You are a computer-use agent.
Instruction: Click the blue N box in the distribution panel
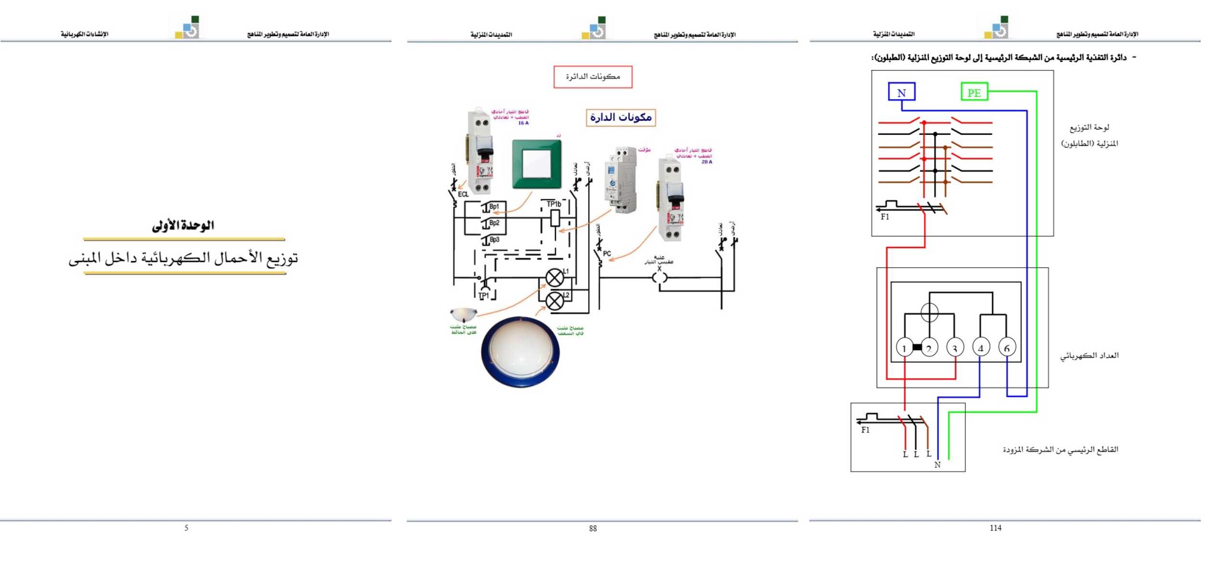(901, 92)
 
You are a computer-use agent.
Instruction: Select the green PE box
(974, 92)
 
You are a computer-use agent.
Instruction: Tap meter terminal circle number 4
(980, 347)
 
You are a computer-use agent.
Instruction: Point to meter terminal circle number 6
(1007, 347)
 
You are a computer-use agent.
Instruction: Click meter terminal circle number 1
(904, 347)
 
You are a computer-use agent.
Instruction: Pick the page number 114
(995, 528)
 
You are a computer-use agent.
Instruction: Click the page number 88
(592, 528)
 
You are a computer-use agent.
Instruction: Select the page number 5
(186, 528)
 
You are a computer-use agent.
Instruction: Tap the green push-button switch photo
(537, 164)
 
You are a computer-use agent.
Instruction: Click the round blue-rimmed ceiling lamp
(520, 352)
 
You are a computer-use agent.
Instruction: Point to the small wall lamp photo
(463, 315)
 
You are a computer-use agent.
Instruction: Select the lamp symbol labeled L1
(554, 278)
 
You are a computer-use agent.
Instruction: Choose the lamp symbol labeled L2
(554, 301)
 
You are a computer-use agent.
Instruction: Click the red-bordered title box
(592, 77)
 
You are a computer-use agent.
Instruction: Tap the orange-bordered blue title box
(620, 118)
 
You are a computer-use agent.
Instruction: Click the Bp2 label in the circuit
(494, 223)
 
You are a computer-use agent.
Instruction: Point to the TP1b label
(553, 204)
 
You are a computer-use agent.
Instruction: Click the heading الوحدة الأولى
(183, 225)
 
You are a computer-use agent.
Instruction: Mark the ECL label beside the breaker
(463, 194)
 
